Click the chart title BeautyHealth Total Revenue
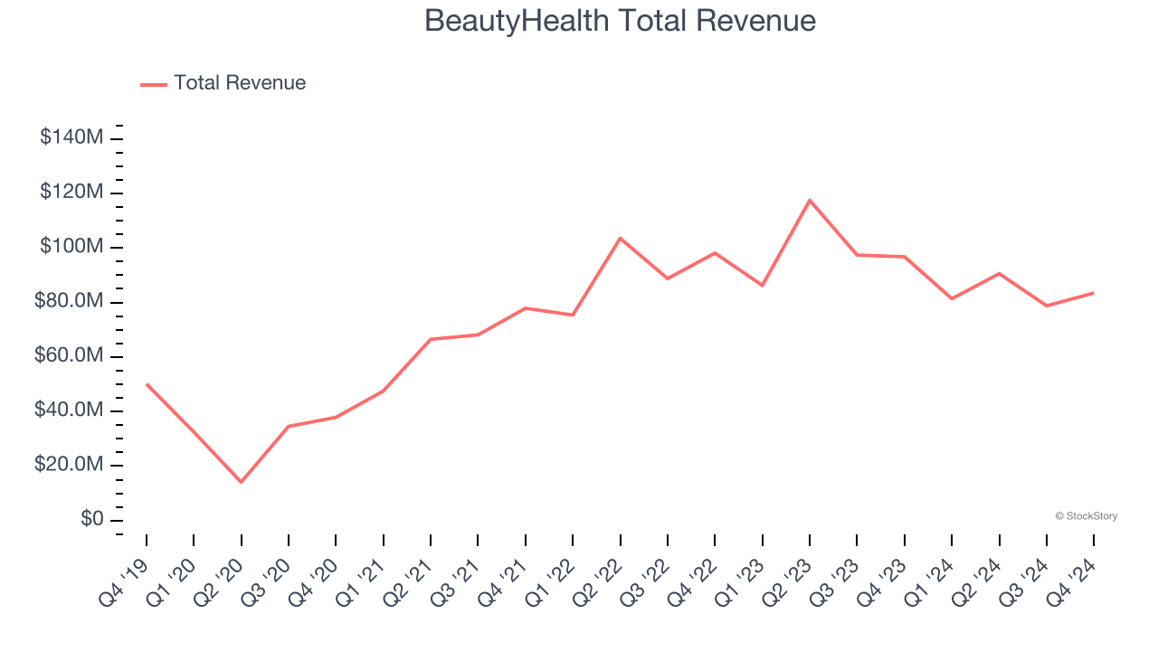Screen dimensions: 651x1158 click(620, 21)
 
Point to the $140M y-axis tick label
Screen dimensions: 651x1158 click(71, 137)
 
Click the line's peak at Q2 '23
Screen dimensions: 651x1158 click(809, 200)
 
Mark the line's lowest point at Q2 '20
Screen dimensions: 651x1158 click(241, 482)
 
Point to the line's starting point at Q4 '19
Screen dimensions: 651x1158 click(147, 384)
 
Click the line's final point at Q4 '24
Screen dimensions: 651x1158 click(1093, 293)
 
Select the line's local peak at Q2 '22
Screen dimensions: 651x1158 click(620, 238)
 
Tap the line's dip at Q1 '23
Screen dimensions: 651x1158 click(762, 286)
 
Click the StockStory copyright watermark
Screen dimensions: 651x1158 click(1086, 516)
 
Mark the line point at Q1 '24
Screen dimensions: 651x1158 click(951, 298)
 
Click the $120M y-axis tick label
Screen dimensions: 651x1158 click(71, 193)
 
